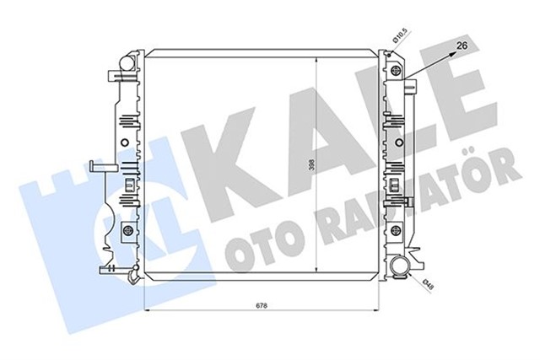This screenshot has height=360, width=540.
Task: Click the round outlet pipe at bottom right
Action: (x=399, y=269)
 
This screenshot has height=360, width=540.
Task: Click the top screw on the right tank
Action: (x=393, y=65)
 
